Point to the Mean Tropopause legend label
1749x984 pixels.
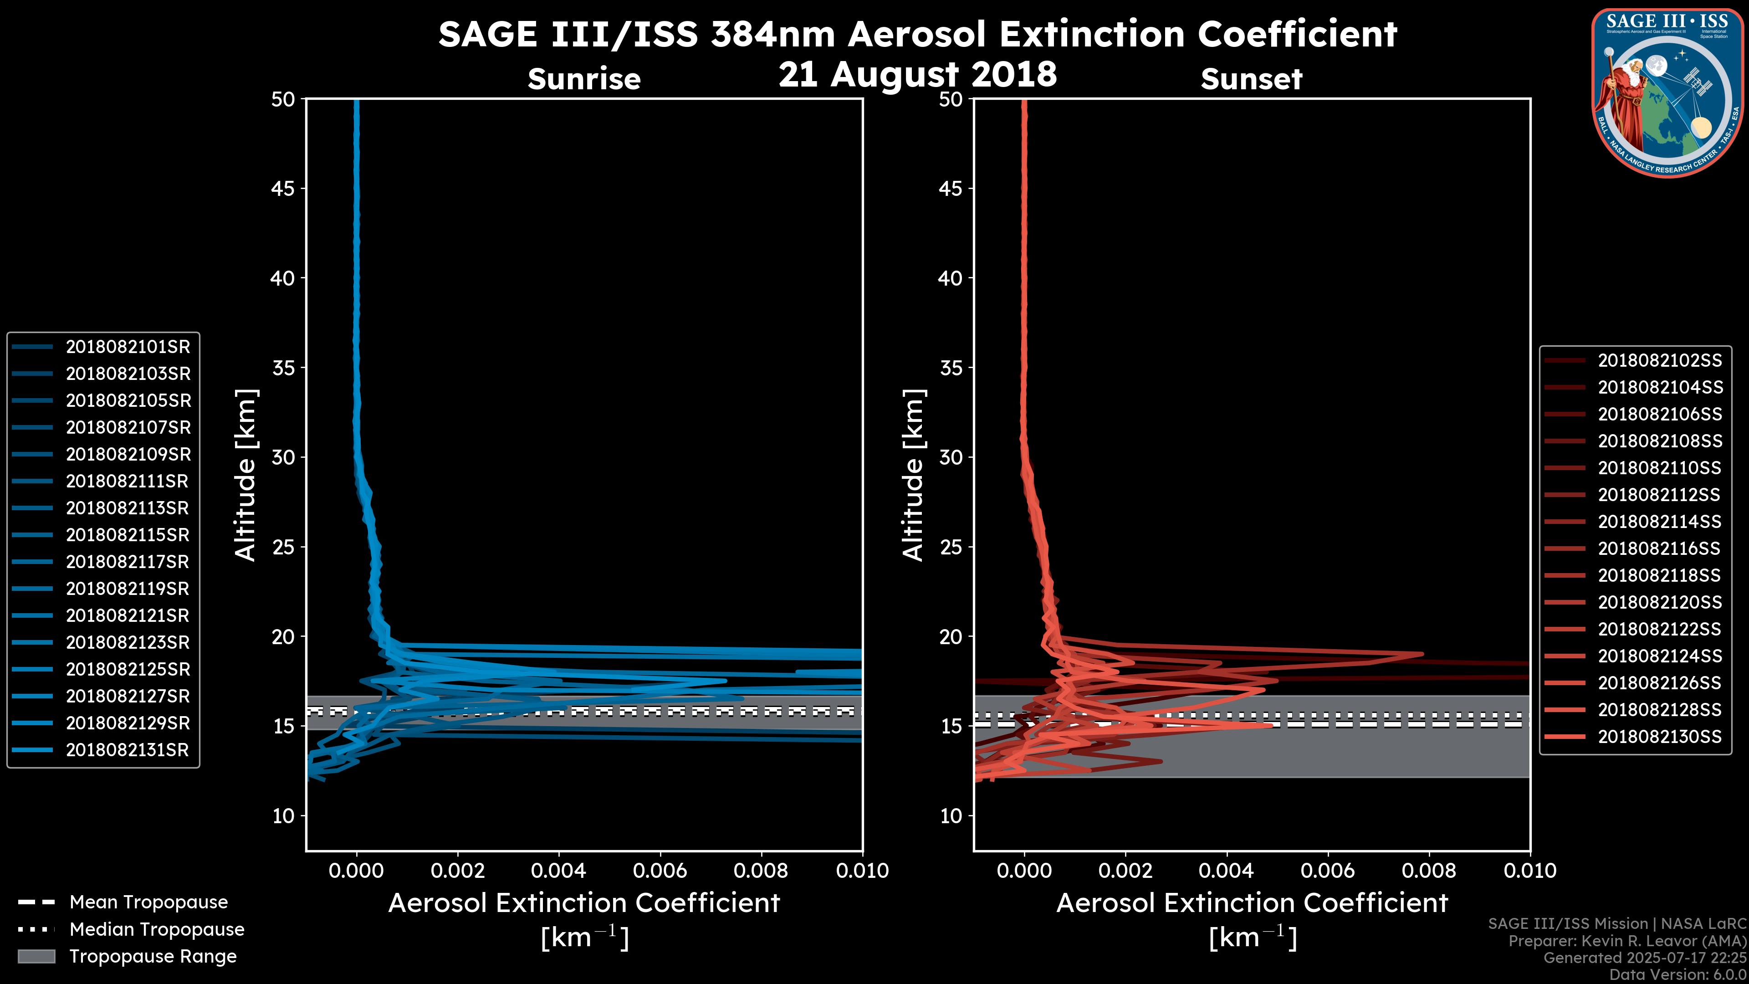(x=148, y=902)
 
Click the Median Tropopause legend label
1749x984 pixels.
(x=157, y=930)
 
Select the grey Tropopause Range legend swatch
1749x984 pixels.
(x=36, y=957)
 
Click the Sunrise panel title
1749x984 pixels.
(x=584, y=79)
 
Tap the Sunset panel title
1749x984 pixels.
(x=1251, y=79)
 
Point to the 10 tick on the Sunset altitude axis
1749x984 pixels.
(x=951, y=815)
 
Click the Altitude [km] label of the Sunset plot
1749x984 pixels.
(x=914, y=475)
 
